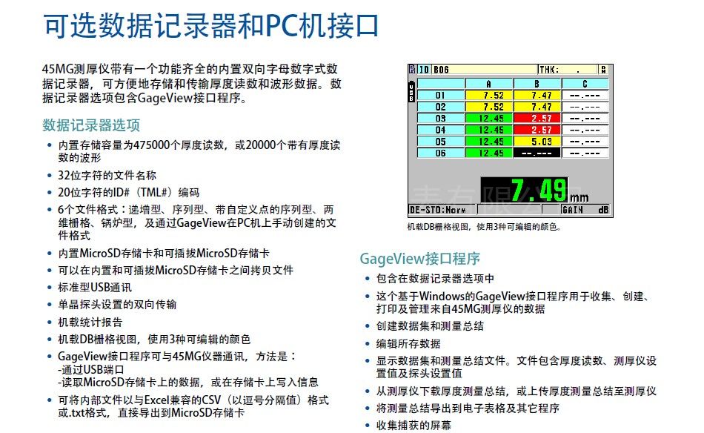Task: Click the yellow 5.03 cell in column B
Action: pos(537,142)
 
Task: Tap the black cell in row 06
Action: pos(537,153)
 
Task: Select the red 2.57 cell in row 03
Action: pos(537,118)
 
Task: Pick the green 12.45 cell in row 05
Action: pos(489,142)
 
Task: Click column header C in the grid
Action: pos(585,84)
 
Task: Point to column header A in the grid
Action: pos(489,84)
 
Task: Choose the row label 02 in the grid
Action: pos(440,107)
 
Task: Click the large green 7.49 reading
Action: pos(539,190)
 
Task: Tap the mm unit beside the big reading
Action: pos(580,197)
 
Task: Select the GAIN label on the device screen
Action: pos(572,210)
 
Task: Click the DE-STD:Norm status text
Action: pos(437,210)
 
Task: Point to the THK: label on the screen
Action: pos(548,70)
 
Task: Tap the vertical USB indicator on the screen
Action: pos(411,91)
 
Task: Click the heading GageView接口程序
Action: pos(419,259)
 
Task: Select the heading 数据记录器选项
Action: pos(91,125)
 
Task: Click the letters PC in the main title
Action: pos(282,26)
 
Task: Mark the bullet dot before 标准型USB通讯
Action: pos(50,288)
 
